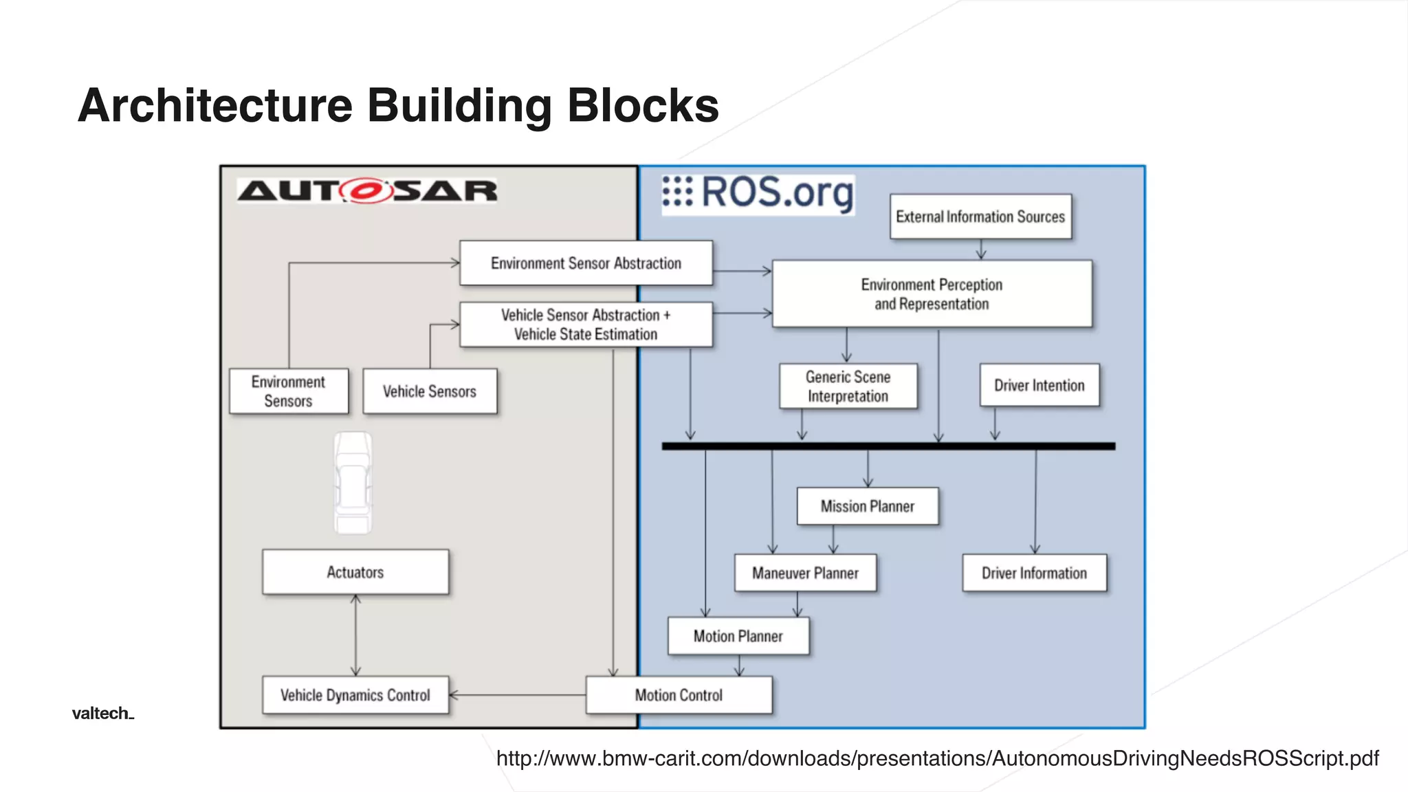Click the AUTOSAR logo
click(366, 190)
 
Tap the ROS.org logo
click(758, 193)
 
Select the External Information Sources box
click(980, 217)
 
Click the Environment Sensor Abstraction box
click(586, 263)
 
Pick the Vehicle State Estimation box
click(586, 324)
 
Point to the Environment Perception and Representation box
click(932, 294)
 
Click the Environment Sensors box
click(289, 391)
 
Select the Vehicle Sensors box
click(430, 391)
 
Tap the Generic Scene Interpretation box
click(848, 386)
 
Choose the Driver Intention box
click(1039, 386)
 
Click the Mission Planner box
click(868, 507)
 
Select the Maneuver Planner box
click(805, 573)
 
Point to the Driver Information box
click(1034, 573)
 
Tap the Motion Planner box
click(738, 637)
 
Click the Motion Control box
click(679, 696)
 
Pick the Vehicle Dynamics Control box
click(355, 696)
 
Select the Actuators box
click(355, 572)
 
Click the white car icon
click(353, 483)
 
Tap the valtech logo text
click(102, 714)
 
